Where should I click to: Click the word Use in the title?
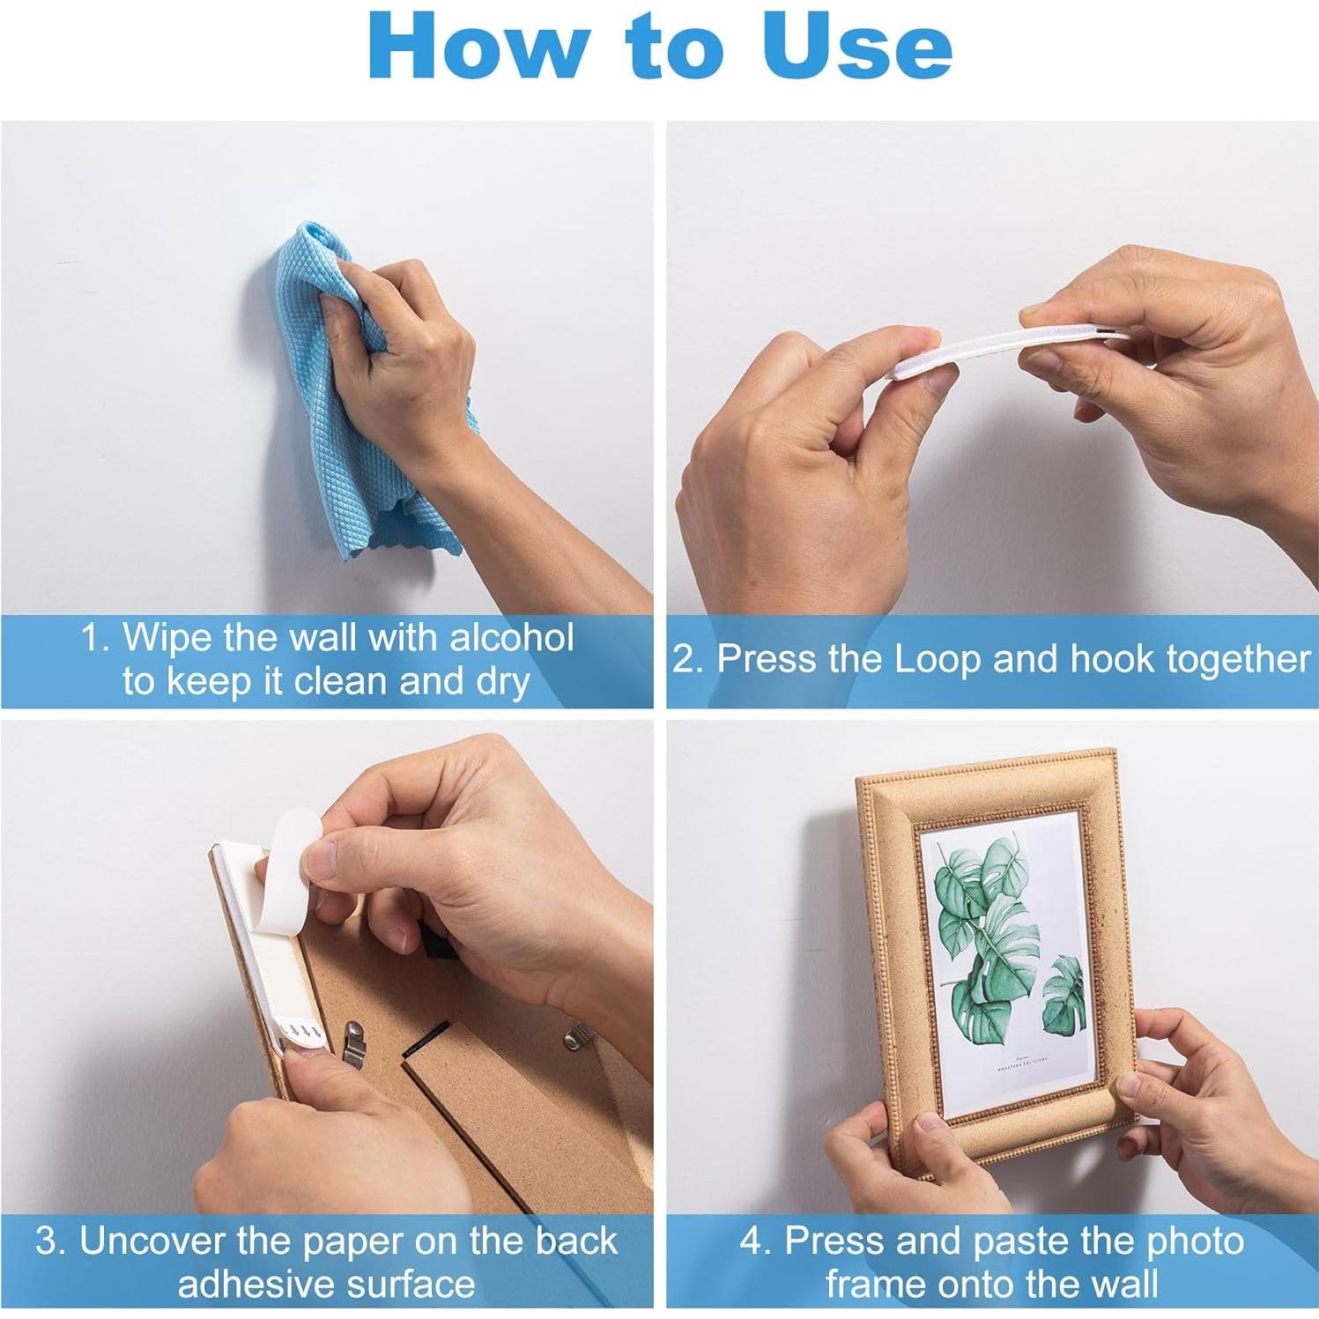coord(856,47)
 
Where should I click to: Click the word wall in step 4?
coord(1122,1283)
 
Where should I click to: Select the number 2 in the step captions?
coord(684,660)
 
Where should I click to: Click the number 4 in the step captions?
coord(752,1241)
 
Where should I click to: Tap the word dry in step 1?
coord(502,682)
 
